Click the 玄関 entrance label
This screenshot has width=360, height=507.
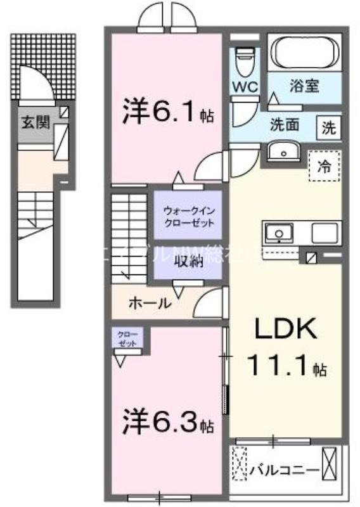tap(34, 123)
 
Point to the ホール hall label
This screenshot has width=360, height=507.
tap(150, 303)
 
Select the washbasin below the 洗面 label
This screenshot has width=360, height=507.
tap(280, 151)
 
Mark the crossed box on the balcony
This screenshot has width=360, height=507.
tap(330, 464)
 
